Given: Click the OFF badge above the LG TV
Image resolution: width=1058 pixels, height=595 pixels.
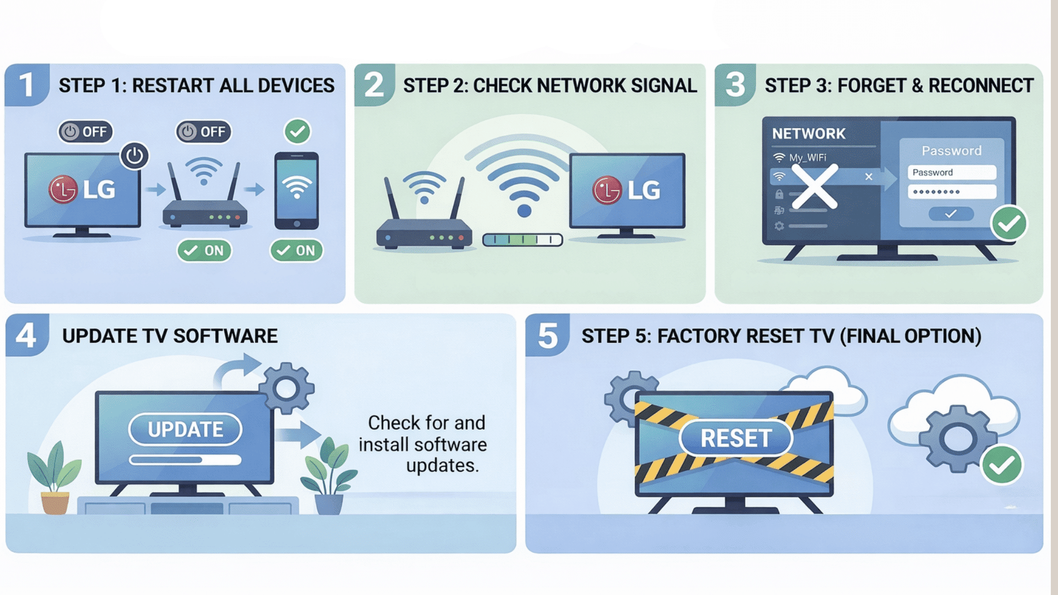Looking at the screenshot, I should pos(85,132).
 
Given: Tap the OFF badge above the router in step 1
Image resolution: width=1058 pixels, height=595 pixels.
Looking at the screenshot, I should pos(203,132).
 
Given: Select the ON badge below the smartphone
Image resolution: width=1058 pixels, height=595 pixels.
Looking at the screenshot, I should pos(296,251).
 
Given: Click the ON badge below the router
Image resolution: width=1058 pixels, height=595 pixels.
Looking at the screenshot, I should pos(204,251).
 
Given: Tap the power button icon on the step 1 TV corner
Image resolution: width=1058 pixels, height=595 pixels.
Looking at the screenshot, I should pos(134,156).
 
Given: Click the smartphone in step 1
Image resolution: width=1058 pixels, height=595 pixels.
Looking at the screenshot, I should pos(296,191).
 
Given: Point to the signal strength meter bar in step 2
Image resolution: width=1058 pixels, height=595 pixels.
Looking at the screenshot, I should pos(522,240).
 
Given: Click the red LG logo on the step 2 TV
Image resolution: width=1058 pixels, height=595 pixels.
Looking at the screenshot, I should pos(607,191).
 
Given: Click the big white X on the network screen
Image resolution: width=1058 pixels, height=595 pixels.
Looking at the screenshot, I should pos(814,187).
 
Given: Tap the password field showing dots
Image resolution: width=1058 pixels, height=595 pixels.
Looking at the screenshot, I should pos(952,192).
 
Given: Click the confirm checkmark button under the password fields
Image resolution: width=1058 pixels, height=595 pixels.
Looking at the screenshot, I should pos(951,214).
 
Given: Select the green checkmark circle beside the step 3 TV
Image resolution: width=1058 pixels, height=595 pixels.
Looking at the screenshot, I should pos(1008,223).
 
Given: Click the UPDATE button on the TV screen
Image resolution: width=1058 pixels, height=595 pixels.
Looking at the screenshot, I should pos(185,429).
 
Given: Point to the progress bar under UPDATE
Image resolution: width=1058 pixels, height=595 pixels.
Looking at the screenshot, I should pos(185,459).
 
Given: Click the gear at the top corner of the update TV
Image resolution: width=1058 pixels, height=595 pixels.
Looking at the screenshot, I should pos(286,388).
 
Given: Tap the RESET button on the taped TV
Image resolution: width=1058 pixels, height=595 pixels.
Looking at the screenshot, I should pos(736,439).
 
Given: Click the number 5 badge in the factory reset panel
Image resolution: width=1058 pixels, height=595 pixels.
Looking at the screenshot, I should pos(547,336).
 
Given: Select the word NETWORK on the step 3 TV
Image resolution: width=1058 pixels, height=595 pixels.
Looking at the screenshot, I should pos(808,134).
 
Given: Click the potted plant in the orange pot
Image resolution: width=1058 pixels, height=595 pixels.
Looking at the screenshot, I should pos(55,479).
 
